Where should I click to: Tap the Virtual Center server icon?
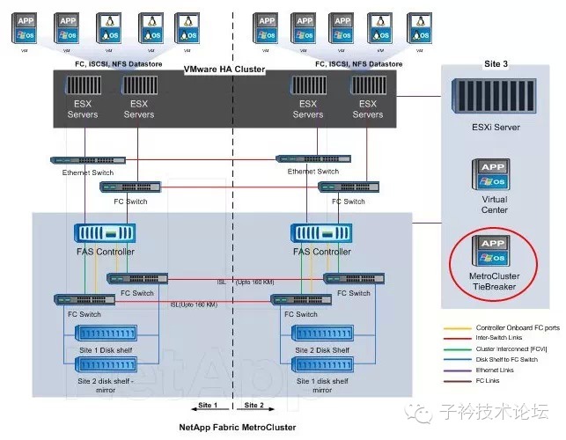coord(494,174)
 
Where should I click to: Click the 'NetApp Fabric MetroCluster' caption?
coord(238,427)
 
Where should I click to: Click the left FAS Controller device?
coord(104,235)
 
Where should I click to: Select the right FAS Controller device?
coord(320,235)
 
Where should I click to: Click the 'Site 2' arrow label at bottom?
coord(254,406)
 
